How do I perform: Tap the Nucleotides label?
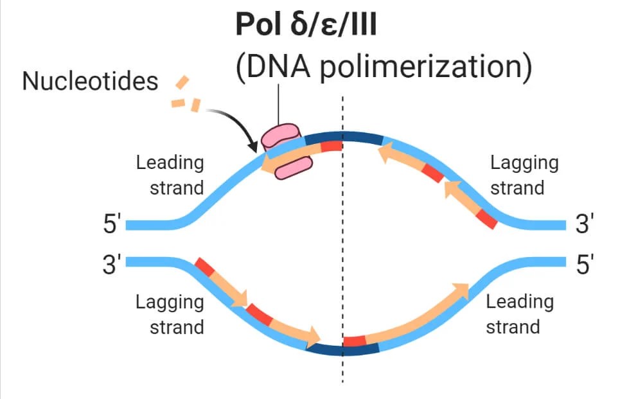[x=90, y=82]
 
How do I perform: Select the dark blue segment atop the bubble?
[x=344, y=137]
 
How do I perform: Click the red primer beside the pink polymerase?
[x=331, y=145]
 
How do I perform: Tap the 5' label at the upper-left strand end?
[x=112, y=226]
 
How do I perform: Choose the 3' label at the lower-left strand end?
[x=112, y=264]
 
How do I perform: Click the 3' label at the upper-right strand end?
[x=585, y=226]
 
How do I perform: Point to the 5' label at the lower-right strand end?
[x=585, y=264]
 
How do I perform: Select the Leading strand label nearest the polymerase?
[x=170, y=175]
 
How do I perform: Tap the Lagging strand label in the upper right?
[x=524, y=175]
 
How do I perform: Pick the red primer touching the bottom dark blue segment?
[x=355, y=341]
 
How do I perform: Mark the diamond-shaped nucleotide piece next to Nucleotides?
[x=183, y=82]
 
